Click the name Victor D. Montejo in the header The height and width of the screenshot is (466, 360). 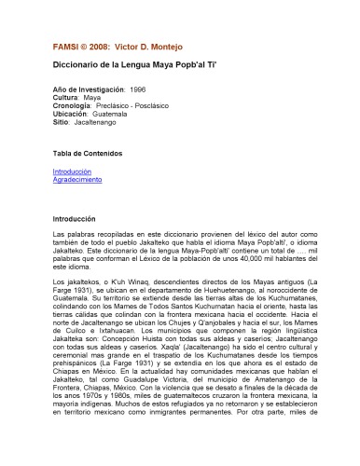[129, 47]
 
